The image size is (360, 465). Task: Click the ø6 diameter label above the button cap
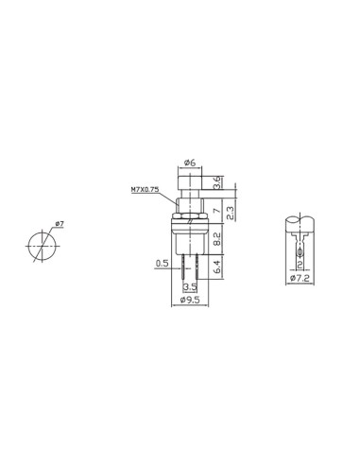[x=190, y=163]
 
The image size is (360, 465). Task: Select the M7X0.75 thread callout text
[x=145, y=190]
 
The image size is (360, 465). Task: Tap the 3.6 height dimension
[x=217, y=182]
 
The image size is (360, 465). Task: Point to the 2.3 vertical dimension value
[x=231, y=214]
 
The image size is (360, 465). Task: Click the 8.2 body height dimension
[x=217, y=239]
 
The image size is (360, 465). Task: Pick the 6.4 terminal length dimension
[x=217, y=267]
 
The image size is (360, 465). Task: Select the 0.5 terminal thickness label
[x=163, y=264]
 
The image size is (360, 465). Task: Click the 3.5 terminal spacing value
[x=190, y=287]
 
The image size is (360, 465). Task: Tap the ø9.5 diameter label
[x=190, y=300]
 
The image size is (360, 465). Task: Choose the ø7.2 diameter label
[x=300, y=278]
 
